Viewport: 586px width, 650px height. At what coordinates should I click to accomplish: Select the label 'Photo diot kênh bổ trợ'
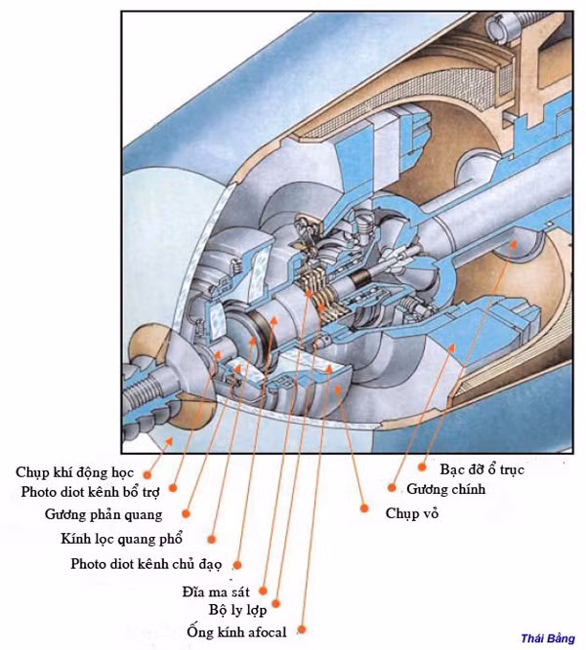(89, 492)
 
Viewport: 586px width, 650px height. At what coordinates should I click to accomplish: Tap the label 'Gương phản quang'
(104, 514)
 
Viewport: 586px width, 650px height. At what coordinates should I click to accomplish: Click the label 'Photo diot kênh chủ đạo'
(147, 564)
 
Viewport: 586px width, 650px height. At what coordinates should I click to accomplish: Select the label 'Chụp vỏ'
(412, 512)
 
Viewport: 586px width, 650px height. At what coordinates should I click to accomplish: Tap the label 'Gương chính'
(445, 489)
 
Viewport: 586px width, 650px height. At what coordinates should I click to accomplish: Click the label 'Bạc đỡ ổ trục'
(482, 469)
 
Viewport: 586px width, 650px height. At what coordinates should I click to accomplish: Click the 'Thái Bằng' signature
(548, 638)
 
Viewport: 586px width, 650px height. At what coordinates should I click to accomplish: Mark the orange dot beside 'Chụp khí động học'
(146, 471)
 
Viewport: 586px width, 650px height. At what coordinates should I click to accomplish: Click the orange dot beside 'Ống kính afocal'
(302, 630)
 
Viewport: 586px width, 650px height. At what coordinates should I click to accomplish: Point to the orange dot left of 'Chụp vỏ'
(363, 508)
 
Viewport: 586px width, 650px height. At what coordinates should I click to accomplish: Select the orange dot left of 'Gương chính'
(393, 488)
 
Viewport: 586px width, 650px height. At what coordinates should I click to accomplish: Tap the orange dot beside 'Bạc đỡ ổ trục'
(422, 468)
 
